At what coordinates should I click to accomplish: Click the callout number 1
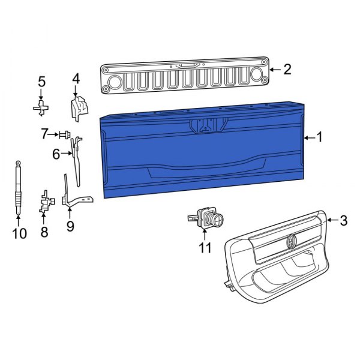click(x=319, y=138)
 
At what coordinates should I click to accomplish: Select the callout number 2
click(x=287, y=70)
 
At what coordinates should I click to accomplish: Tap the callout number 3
click(x=343, y=221)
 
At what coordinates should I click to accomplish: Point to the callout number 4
click(x=76, y=79)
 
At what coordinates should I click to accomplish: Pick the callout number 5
click(x=41, y=82)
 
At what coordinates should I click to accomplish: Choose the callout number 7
click(x=45, y=134)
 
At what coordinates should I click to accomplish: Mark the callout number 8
click(x=44, y=232)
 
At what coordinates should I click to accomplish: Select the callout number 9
click(x=70, y=226)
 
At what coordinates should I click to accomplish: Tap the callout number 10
click(x=19, y=233)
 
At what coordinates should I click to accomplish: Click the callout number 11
click(x=206, y=246)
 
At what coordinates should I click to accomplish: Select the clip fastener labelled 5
click(x=41, y=108)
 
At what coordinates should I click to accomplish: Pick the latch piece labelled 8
click(x=44, y=202)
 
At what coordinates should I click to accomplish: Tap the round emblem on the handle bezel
click(x=292, y=241)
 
